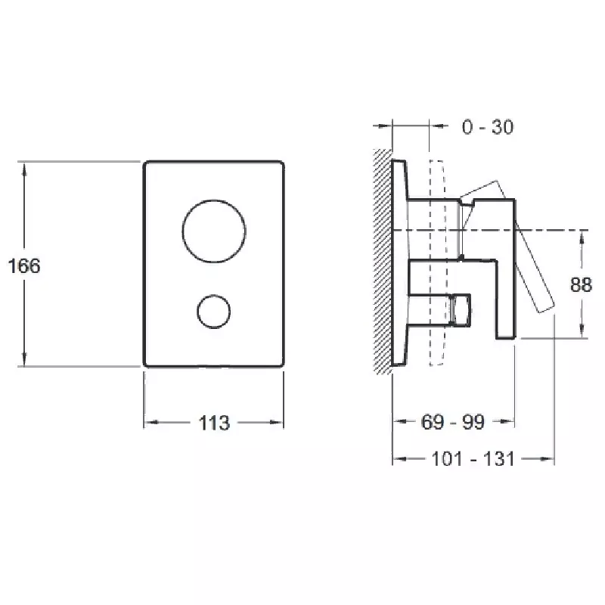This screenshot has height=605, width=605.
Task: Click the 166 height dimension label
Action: click(x=24, y=266)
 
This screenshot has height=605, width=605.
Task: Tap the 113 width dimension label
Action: click(x=214, y=423)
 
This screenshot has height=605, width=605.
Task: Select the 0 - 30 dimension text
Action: click(x=488, y=127)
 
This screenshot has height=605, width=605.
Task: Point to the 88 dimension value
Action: click(x=581, y=285)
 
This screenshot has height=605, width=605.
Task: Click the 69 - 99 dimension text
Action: click(x=452, y=422)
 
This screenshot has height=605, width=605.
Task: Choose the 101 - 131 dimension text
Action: click(x=473, y=459)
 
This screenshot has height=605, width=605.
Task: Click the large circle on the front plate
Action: click(x=214, y=200)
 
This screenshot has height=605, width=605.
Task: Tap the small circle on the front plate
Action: click(x=214, y=296)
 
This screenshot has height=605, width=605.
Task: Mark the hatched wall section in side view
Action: click(x=383, y=261)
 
